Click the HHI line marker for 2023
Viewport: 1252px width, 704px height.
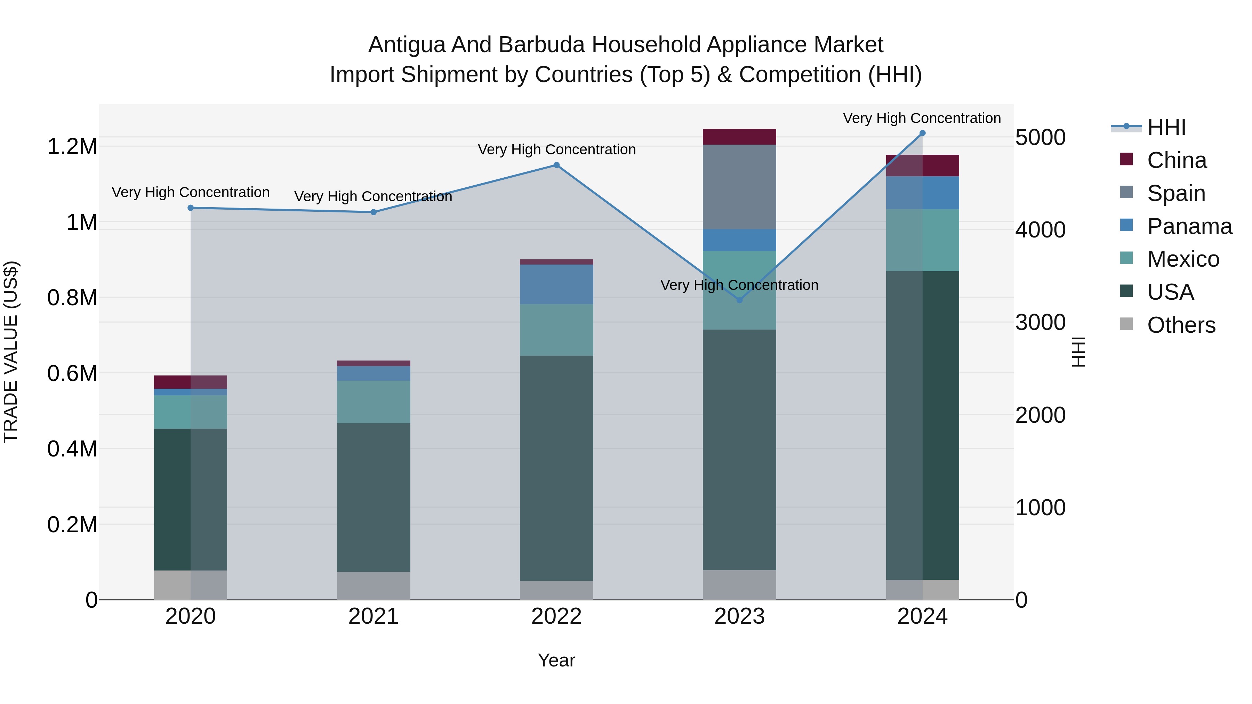(x=739, y=300)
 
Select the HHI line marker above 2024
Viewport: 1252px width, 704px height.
(x=922, y=133)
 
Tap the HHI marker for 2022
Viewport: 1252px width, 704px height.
(x=556, y=165)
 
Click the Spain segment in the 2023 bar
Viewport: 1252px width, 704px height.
(x=739, y=187)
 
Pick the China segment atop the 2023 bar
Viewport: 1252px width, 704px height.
(x=739, y=137)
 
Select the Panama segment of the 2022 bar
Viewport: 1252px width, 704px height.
(x=556, y=284)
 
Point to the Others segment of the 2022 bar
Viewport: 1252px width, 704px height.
(x=556, y=590)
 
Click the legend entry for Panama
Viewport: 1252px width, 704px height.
(x=1189, y=226)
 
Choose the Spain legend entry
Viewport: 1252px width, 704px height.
(x=1176, y=193)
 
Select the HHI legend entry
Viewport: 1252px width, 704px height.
(x=1166, y=127)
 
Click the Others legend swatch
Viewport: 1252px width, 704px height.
(x=1126, y=324)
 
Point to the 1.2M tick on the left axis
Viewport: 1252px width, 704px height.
(x=72, y=147)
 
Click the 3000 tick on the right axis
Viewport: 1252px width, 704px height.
(x=1041, y=323)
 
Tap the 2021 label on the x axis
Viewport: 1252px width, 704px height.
(x=373, y=616)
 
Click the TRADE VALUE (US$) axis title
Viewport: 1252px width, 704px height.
(x=11, y=352)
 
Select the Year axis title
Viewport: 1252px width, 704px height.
(x=556, y=660)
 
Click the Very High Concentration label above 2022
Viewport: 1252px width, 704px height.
(x=556, y=149)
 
